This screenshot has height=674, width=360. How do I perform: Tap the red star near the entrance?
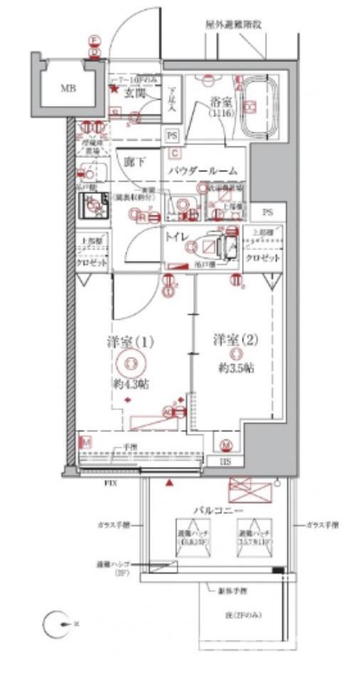[x=112, y=89]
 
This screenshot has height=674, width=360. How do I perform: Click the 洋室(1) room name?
[x=129, y=342]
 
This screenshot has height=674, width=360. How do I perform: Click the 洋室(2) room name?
[x=235, y=340]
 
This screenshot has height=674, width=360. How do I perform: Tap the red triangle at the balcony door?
[x=169, y=483]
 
